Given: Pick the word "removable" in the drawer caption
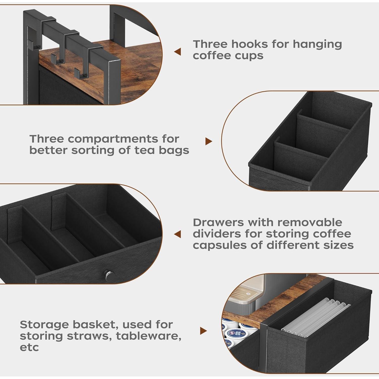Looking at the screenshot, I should click(310, 223).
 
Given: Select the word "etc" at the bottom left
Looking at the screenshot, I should click(29, 347).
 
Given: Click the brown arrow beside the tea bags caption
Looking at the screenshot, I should click(208, 141).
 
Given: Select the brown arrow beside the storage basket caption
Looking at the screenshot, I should click(203, 331).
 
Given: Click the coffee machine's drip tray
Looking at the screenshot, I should click(244, 294).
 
